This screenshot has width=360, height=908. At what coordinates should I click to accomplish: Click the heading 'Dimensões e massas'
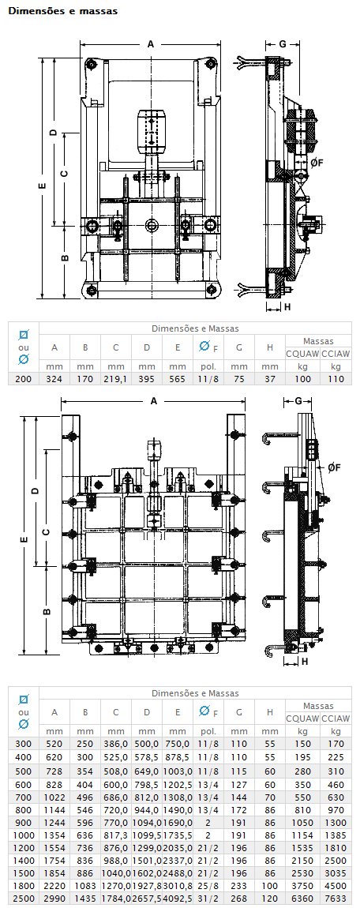coord(63,11)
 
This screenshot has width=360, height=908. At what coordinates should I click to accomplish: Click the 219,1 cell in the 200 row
coord(116,379)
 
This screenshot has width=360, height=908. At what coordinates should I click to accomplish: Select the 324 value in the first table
coord(54,379)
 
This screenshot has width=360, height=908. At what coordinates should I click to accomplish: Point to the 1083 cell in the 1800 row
coord(85,886)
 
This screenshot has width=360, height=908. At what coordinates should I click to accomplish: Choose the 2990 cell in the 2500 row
coord(54,899)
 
